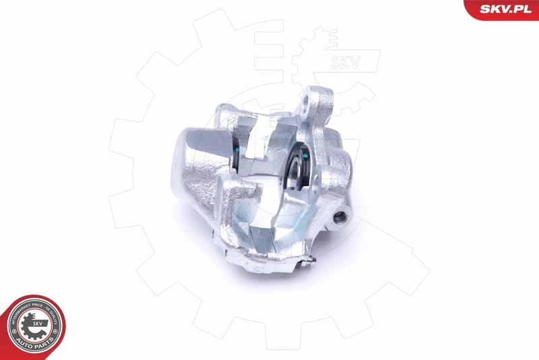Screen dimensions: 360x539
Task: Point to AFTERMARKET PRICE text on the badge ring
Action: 19,311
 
